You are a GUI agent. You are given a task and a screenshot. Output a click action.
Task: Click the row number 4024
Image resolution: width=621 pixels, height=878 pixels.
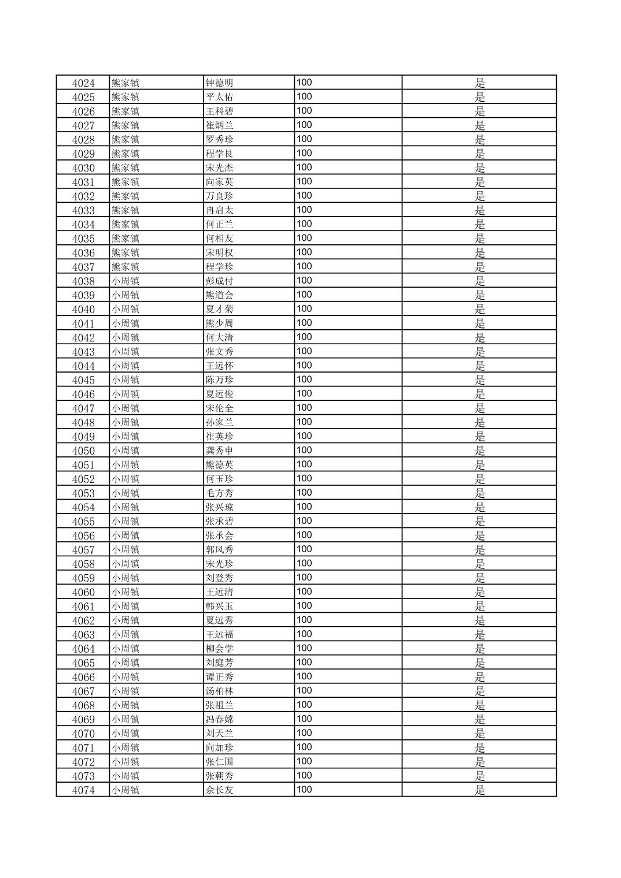click(x=83, y=83)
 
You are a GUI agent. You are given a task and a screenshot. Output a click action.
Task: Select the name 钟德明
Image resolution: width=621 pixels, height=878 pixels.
click(x=219, y=83)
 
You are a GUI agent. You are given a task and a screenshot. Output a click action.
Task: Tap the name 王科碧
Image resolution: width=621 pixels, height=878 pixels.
click(x=219, y=111)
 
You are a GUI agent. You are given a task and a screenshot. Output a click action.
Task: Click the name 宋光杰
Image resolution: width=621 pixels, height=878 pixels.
click(x=219, y=168)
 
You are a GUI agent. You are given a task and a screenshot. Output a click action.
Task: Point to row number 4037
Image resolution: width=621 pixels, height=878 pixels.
click(x=83, y=267)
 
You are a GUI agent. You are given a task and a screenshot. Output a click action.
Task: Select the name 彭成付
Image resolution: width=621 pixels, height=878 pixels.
click(x=219, y=281)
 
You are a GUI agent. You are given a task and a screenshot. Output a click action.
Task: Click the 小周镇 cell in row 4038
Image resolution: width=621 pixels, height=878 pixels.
click(x=125, y=281)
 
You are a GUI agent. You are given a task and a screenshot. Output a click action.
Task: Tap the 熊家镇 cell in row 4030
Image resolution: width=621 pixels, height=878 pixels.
click(x=125, y=168)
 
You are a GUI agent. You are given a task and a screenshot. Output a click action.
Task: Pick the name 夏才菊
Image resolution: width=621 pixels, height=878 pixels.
click(x=219, y=309)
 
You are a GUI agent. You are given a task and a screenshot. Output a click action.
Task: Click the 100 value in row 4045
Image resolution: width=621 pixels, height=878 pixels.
click(x=304, y=380)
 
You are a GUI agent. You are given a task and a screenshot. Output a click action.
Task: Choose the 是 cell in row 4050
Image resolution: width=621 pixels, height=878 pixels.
click(x=479, y=451)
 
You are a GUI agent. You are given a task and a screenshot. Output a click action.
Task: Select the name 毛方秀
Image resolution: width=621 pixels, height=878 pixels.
click(x=219, y=493)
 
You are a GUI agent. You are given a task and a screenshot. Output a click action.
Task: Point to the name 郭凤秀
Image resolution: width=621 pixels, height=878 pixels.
click(x=219, y=549)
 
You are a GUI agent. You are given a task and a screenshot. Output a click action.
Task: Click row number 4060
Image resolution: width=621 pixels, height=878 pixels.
click(x=83, y=592)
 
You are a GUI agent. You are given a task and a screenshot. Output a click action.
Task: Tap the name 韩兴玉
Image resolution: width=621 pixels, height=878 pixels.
click(x=219, y=606)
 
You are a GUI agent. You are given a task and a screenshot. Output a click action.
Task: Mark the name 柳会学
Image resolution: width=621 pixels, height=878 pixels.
click(x=219, y=649)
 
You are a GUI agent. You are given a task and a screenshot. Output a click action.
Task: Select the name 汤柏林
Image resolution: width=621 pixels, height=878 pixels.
click(x=219, y=691)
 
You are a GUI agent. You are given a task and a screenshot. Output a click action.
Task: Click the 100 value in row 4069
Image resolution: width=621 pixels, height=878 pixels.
click(x=304, y=719)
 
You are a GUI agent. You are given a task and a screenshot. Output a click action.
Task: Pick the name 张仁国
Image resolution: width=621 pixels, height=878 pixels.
click(x=219, y=762)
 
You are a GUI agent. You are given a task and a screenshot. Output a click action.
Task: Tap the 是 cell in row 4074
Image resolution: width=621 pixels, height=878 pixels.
click(x=479, y=790)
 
